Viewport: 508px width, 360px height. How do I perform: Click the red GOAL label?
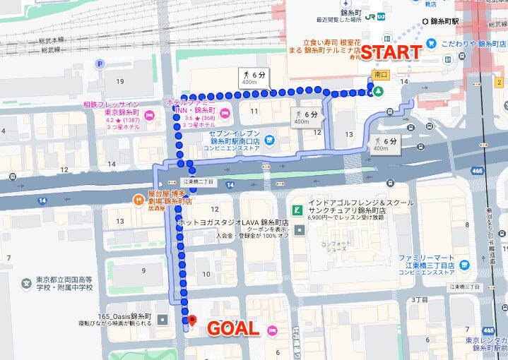tap(233, 329)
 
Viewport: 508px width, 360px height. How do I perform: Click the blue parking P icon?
tap(100, 64)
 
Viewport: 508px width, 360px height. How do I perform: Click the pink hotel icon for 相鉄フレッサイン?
tap(149, 116)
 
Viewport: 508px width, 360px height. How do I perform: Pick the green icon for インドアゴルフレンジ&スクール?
tap(298, 210)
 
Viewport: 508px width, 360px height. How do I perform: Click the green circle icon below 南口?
tap(378, 91)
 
